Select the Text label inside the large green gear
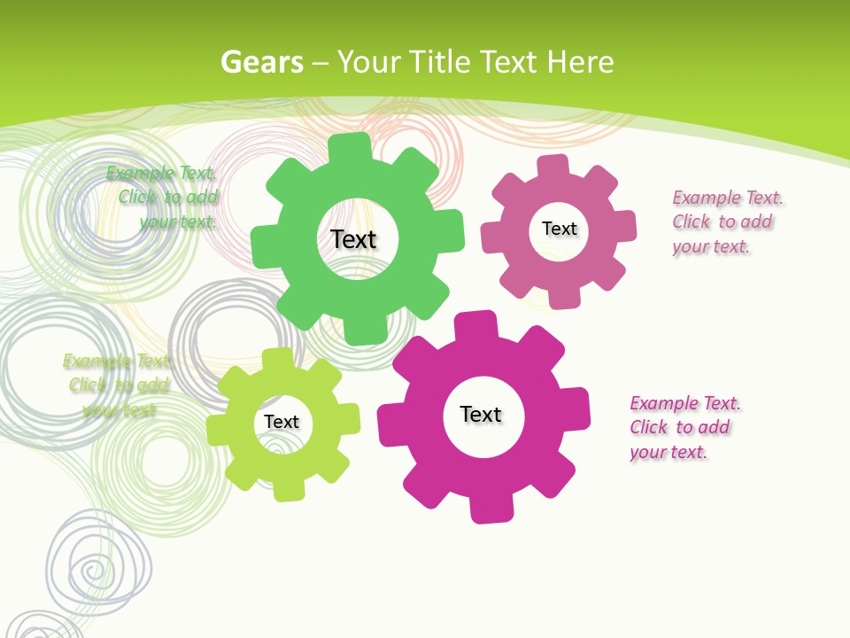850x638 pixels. (x=353, y=239)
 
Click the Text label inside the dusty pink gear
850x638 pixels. (x=559, y=229)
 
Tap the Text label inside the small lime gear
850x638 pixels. (x=282, y=422)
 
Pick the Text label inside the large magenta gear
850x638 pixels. (x=481, y=414)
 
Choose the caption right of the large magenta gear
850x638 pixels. (x=684, y=427)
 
